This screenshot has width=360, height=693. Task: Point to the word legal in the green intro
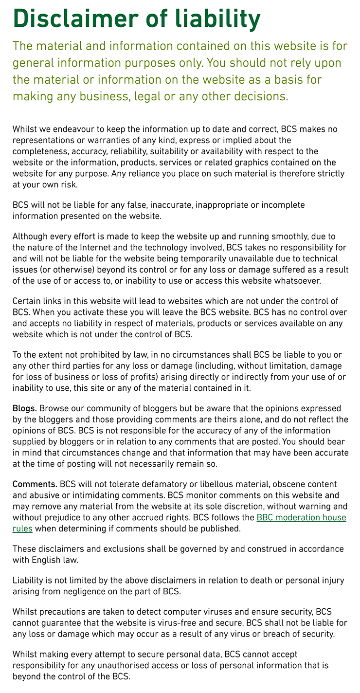point(146,96)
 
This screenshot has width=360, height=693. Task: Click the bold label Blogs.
point(24,408)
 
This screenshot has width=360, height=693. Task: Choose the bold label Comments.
point(35,484)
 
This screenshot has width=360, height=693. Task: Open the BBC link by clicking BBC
point(266,518)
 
